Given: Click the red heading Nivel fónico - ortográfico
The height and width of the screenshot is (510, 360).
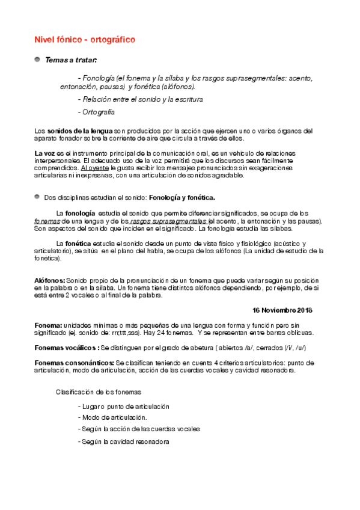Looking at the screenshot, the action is point(85,40).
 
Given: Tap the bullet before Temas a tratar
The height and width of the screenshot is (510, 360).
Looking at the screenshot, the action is point(37,60).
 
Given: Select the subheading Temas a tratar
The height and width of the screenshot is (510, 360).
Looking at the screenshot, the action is point(71,60).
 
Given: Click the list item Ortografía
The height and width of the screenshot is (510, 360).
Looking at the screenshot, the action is point(96,112).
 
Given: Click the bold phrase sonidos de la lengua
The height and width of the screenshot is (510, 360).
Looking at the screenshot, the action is point(80,131).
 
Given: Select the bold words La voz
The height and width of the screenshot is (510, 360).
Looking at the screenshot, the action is point(45,154).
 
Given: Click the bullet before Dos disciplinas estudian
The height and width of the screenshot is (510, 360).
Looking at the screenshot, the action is point(37,197).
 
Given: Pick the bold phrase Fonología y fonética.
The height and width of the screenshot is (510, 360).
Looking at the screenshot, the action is point(182,197).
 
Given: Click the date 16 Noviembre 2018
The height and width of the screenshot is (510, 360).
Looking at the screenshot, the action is point(282,310).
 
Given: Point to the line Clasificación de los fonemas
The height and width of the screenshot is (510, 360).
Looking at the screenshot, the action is point(99,392).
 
